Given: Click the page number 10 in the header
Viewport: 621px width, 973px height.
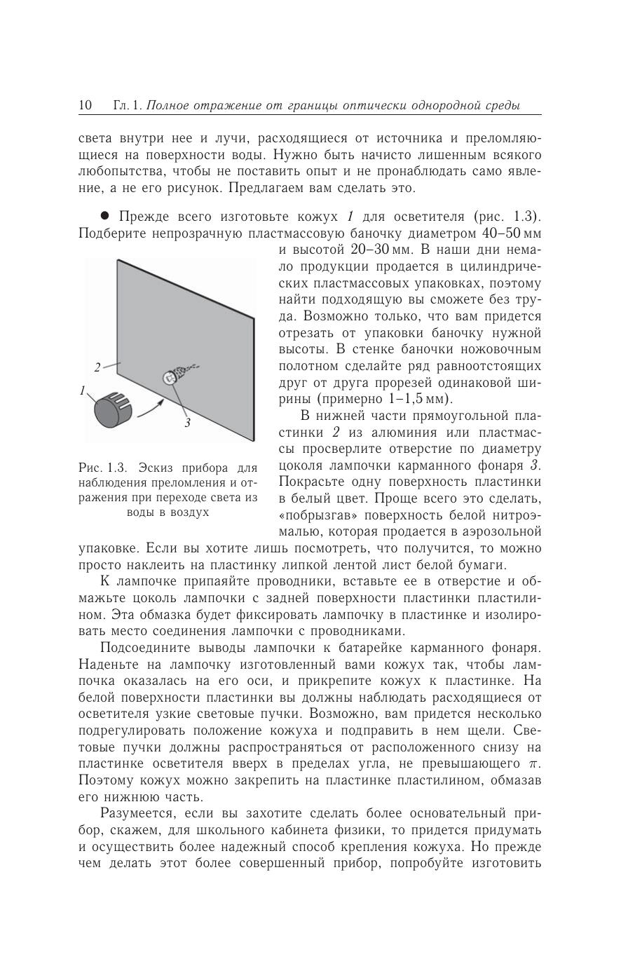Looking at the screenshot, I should pyautogui.click(x=86, y=106).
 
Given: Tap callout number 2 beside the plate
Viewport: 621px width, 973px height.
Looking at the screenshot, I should pyautogui.click(x=97, y=366).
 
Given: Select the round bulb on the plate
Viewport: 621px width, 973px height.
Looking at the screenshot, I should pyautogui.click(x=169, y=378).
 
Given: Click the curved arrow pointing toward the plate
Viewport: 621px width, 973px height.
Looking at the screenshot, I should pyautogui.click(x=151, y=410).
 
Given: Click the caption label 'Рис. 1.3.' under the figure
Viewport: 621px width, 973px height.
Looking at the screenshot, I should pyautogui.click(x=102, y=468).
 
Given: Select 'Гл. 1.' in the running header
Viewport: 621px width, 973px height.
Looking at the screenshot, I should pyautogui.click(x=127, y=106).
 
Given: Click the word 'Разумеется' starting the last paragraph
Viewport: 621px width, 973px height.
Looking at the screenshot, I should pyautogui.click(x=137, y=814).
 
